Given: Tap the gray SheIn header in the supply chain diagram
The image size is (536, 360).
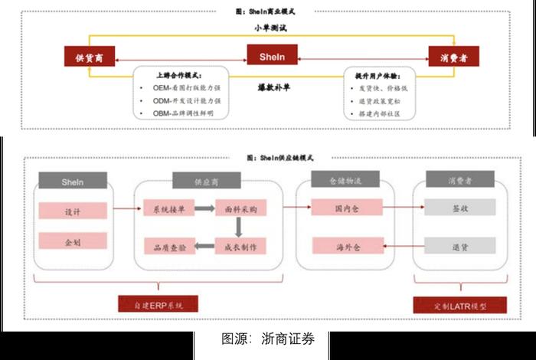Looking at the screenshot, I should click(74, 182).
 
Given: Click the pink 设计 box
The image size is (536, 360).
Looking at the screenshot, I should click(74, 210).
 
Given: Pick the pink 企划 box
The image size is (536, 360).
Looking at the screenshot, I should click(74, 242).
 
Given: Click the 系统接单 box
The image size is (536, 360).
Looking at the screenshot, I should click(168, 208).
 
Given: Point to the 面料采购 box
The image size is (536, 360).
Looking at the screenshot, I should click(240, 208).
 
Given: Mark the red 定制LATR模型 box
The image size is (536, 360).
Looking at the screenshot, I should click(459, 304).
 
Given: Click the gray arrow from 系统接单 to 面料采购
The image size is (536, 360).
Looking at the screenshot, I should click(204, 208).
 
